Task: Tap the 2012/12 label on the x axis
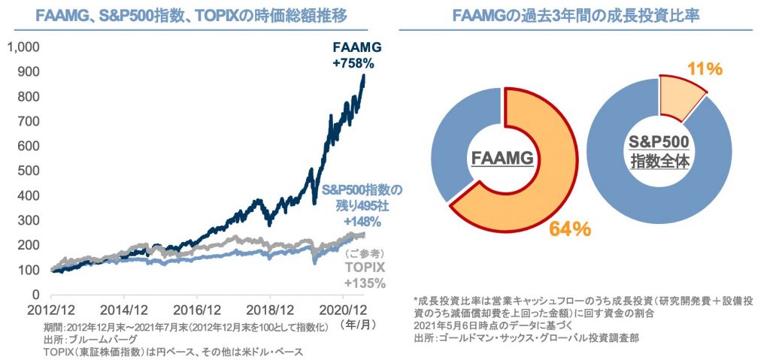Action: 52,309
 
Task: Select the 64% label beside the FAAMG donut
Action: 568,228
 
